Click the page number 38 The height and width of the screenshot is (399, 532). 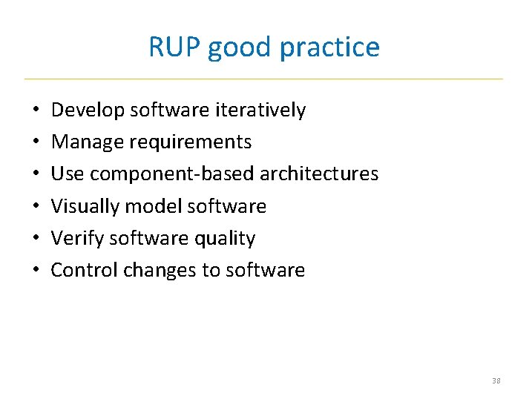click(x=496, y=380)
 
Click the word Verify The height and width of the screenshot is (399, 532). click(x=77, y=238)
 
